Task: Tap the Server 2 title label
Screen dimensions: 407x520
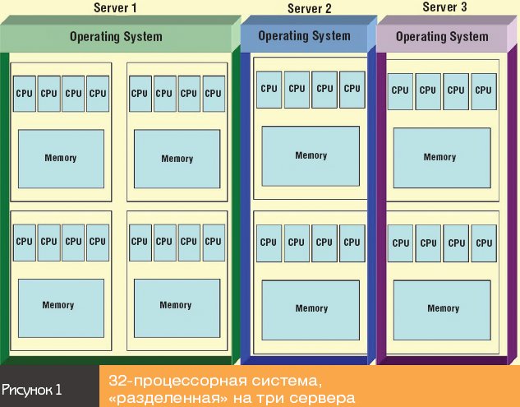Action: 310,9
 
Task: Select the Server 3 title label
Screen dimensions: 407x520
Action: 444,7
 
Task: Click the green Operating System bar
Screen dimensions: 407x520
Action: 116,37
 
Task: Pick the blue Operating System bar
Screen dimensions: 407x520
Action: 304,36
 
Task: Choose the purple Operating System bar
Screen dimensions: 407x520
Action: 441,37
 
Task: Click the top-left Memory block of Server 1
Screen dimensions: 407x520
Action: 61,159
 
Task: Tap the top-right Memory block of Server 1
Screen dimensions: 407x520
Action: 177,159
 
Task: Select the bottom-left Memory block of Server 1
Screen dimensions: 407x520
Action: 58,305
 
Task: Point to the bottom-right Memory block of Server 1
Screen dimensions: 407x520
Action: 176,305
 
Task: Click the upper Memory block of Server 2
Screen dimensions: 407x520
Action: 311,155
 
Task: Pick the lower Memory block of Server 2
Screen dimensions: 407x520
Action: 311,308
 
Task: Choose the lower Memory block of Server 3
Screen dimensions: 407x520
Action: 443,308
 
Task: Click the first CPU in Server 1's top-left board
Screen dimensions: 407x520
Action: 25,93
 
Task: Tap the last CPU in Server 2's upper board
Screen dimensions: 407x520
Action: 352,89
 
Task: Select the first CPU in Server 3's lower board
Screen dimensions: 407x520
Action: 400,243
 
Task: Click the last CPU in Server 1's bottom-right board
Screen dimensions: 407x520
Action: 214,242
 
